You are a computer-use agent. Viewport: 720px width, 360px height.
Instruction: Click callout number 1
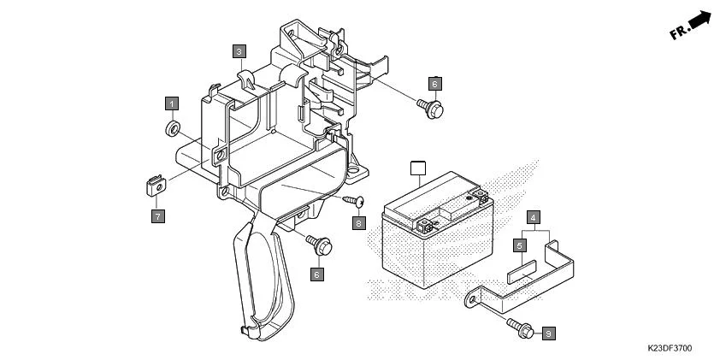pos(172,103)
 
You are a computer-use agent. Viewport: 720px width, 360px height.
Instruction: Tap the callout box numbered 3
pos(240,51)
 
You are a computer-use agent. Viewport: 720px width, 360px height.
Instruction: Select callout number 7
pos(158,217)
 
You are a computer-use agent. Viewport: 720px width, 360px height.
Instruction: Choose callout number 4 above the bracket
pos(533,217)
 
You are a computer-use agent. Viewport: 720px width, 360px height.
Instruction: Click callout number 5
pos(519,245)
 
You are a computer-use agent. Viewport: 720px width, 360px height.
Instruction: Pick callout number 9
pos(548,332)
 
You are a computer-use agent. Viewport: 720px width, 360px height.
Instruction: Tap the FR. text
pos(681,32)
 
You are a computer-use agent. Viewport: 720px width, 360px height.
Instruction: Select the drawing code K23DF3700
pos(670,349)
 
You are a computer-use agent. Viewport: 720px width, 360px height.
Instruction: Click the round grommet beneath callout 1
pos(171,129)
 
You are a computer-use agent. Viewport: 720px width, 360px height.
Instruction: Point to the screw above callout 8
pos(356,200)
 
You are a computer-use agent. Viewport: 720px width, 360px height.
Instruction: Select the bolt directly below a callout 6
pos(434,108)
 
